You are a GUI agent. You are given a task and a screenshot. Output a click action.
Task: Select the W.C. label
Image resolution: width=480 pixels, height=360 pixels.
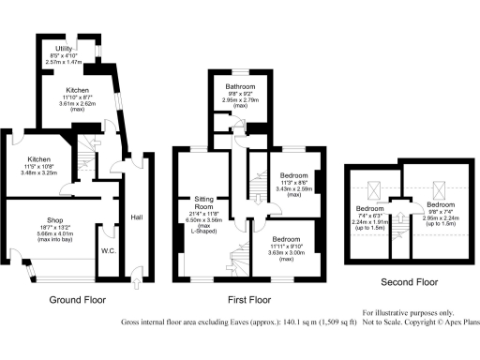(x=109, y=251)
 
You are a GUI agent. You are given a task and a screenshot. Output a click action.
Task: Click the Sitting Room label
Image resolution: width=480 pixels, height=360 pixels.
(x=204, y=203)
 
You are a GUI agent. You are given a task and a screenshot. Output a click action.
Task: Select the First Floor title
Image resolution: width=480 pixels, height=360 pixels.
(x=248, y=302)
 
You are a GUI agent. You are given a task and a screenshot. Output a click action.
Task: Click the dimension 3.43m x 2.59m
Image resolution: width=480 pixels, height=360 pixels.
(x=287, y=188)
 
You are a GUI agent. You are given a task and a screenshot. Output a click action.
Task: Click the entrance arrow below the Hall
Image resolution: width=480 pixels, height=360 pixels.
(x=138, y=275)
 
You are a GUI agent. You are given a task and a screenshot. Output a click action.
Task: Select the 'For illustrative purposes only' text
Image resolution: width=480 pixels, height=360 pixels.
(x=412, y=310)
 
